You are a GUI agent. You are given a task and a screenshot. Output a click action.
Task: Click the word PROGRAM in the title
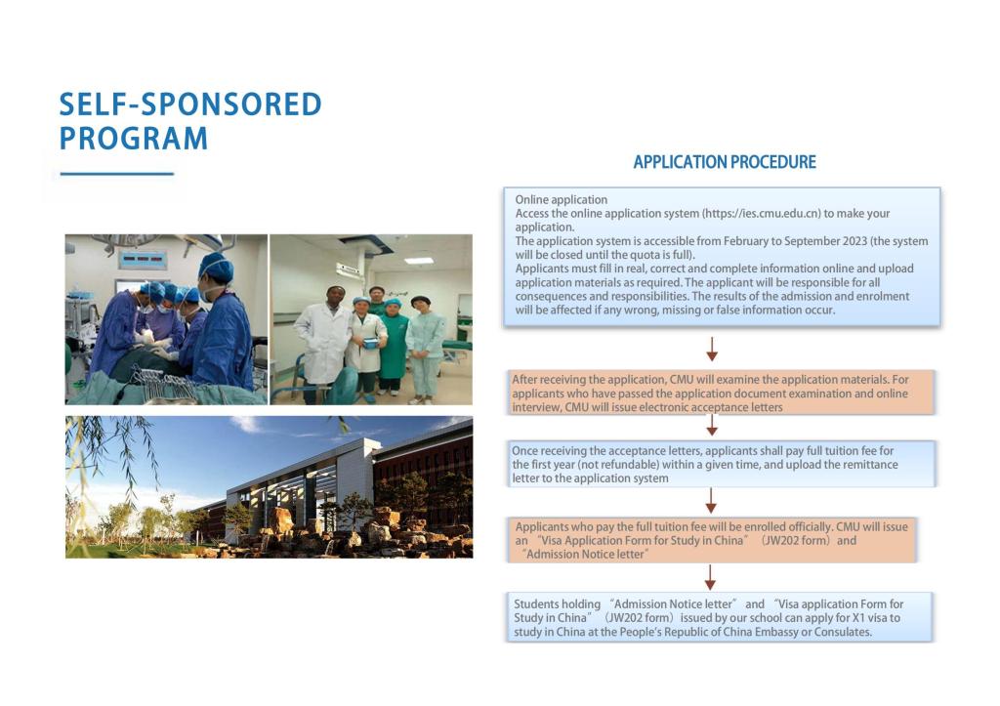(x=134, y=138)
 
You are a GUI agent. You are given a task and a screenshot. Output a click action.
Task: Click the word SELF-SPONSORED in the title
(x=190, y=104)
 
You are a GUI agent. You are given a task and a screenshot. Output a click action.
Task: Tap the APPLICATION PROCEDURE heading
(x=725, y=162)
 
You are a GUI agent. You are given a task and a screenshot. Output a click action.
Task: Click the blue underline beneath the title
(x=117, y=175)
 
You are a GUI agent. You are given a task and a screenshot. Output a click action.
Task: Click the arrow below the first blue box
(x=712, y=349)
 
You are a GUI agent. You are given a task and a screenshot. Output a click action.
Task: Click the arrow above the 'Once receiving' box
(x=712, y=425)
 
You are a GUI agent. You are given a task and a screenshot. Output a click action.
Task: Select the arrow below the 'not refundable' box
(x=712, y=501)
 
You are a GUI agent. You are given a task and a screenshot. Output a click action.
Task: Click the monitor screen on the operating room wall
(x=143, y=260)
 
